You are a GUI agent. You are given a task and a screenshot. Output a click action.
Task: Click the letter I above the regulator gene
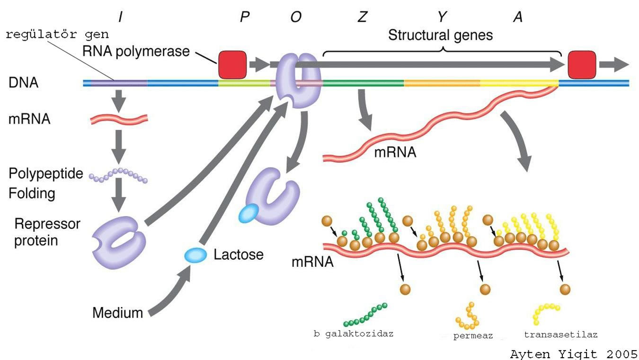click(x=121, y=18)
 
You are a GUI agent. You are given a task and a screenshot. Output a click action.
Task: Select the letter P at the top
click(x=245, y=18)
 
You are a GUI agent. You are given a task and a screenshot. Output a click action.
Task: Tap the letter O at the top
click(x=296, y=18)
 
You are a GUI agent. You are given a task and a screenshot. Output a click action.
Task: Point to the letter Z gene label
click(x=362, y=18)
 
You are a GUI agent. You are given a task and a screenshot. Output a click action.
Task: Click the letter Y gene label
click(x=442, y=18)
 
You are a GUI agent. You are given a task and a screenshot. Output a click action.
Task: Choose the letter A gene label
click(x=518, y=18)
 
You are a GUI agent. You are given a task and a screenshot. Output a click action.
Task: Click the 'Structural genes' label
click(x=440, y=35)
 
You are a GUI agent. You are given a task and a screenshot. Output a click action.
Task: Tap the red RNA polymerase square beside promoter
click(x=232, y=65)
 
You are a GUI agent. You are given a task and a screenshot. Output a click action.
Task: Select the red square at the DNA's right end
click(x=582, y=65)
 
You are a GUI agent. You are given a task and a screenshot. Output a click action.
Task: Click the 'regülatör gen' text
click(x=57, y=35)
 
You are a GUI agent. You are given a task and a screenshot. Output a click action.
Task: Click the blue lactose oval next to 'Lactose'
click(x=195, y=255)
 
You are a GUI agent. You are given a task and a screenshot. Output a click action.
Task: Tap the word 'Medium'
click(x=117, y=313)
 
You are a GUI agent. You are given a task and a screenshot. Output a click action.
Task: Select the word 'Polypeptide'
click(x=45, y=174)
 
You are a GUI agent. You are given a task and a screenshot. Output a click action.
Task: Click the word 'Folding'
click(x=32, y=193)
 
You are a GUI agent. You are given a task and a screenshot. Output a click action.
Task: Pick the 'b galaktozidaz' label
click(x=353, y=334)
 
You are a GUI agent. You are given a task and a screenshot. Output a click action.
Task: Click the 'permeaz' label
click(x=473, y=336)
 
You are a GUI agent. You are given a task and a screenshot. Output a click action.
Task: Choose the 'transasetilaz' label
click(x=560, y=335)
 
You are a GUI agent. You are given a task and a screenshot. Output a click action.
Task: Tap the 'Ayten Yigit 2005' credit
click(x=574, y=353)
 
